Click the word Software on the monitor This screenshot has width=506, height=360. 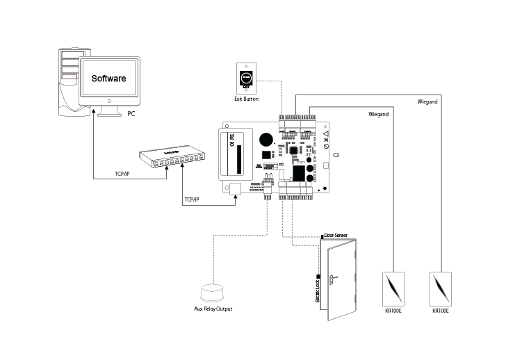[108, 79]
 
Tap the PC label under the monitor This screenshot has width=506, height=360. [131, 114]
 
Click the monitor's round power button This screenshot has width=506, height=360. [109, 101]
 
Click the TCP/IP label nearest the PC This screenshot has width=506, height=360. [122, 174]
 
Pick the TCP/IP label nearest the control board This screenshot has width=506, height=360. [192, 199]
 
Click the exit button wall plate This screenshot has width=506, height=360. [246, 79]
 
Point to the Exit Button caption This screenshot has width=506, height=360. [247, 99]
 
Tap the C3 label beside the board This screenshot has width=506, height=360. [336, 155]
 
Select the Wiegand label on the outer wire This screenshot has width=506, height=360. [427, 101]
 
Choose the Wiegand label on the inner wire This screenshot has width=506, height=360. [379, 114]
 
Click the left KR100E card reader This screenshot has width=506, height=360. [393, 289]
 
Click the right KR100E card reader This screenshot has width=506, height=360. [441, 289]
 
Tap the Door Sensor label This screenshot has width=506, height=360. [336, 236]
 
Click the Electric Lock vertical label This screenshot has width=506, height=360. [318, 291]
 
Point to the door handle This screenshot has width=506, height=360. [332, 279]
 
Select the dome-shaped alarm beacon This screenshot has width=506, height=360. [212, 293]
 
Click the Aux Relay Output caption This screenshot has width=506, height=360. [213, 309]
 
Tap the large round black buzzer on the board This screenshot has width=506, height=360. [266, 140]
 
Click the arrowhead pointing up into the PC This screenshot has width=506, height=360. [94, 111]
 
